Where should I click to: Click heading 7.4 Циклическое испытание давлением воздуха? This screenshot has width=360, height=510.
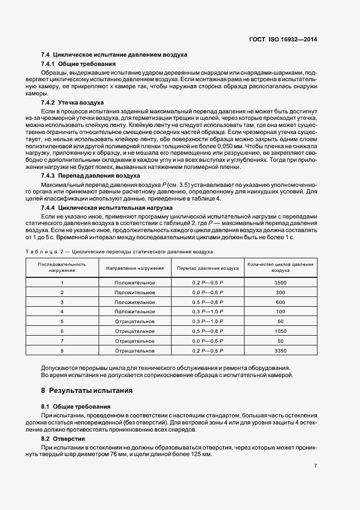(114, 55)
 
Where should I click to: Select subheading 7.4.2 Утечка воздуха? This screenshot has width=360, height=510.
(72, 102)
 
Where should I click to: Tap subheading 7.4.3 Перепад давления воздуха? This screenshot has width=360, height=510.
(90, 176)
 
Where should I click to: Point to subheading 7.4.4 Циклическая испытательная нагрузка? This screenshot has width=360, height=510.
(107, 208)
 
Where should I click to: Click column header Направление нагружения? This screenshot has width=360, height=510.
(135, 268)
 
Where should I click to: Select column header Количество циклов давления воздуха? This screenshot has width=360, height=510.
(280, 268)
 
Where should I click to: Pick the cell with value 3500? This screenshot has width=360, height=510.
(280, 283)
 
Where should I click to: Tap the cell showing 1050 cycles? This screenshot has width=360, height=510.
(280, 331)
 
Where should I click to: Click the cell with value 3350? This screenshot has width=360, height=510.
(280, 351)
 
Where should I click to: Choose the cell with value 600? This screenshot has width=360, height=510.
(280, 302)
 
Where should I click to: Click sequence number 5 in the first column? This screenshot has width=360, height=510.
(62, 321)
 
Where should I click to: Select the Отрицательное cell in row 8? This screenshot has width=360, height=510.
(135, 351)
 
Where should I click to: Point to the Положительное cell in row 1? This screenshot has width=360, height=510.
(135, 283)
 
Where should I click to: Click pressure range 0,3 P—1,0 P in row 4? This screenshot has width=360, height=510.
(208, 312)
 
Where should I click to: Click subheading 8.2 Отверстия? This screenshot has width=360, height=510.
(65, 439)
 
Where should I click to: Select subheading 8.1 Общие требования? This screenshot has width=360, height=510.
(76, 406)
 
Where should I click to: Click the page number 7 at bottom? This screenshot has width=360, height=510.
(315, 466)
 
